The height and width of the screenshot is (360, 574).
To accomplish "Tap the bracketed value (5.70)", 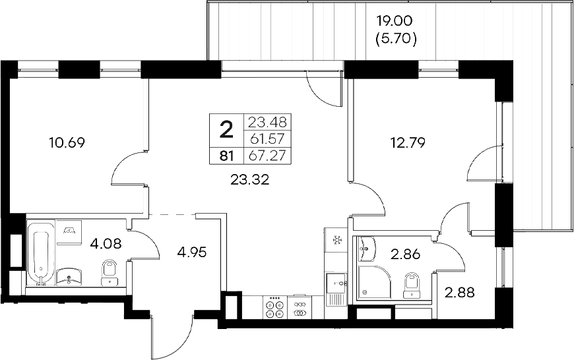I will (396, 40).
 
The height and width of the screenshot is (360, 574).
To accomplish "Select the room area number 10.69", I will (68, 141).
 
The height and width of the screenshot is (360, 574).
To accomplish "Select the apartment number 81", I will (226, 156).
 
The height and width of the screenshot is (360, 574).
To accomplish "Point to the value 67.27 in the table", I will (268, 156).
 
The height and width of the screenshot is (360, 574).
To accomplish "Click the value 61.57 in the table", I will (268, 139).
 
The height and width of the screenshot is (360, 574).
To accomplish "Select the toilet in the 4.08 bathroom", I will (109, 272).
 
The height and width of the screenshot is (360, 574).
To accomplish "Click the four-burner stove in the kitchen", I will (273, 309).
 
